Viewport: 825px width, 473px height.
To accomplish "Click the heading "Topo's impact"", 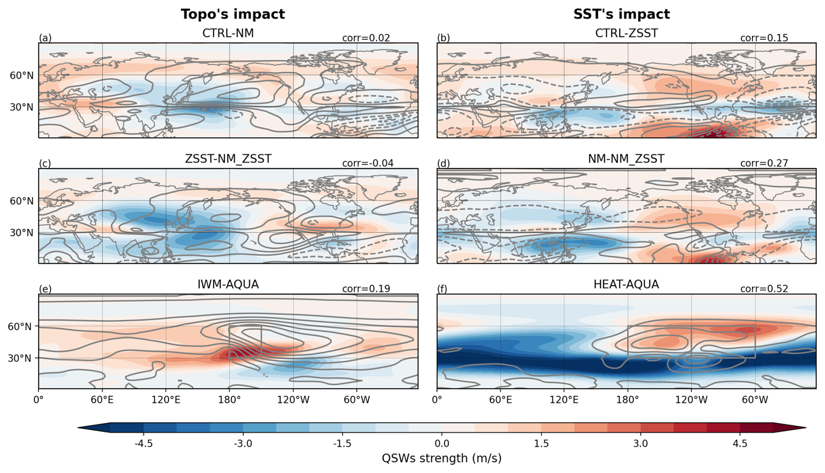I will [232, 14].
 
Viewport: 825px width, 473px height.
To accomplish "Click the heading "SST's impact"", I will [621, 14].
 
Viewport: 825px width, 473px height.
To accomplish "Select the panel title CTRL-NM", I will [228, 33].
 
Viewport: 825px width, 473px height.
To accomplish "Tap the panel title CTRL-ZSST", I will [626, 33].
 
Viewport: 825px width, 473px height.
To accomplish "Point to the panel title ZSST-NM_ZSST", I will [228, 159].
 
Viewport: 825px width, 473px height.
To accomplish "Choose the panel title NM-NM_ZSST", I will [626, 159].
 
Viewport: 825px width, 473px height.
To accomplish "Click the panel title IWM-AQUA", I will [228, 284].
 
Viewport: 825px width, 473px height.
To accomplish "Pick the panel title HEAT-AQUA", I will [626, 284].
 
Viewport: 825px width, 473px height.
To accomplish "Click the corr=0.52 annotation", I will [764, 289].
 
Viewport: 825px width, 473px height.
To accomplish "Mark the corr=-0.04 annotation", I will [368, 163].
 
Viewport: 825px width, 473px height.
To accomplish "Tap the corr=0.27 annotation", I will [764, 163].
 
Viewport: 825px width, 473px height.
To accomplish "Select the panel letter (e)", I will [45, 289].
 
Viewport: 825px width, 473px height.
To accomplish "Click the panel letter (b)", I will [443, 38].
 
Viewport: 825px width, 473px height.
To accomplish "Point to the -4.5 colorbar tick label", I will [143, 444].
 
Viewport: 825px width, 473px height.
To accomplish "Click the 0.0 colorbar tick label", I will [442, 444].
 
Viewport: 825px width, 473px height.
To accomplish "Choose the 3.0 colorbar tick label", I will [640, 444].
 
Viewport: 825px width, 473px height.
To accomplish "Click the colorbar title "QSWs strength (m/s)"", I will [441, 458].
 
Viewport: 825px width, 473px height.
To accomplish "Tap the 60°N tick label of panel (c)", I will [21, 201].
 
